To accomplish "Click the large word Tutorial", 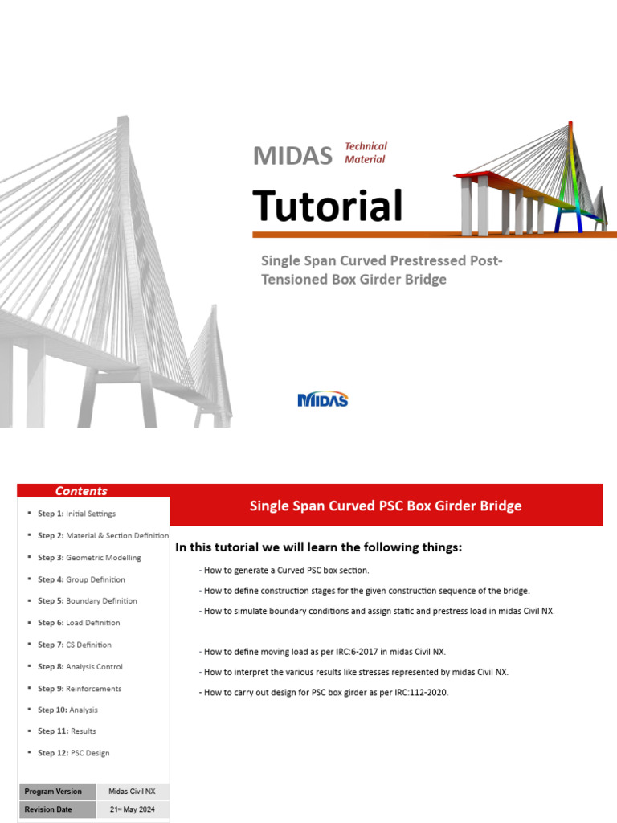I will [327, 206].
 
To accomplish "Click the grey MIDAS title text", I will [292, 155].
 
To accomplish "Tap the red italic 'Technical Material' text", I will [366, 153].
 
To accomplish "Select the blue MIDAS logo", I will [322, 399].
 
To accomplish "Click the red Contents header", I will [81, 491].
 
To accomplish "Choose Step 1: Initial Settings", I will [76, 514].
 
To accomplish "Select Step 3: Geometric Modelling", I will [88, 557].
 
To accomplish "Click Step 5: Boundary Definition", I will [87, 600].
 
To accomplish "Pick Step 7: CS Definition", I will [74, 645].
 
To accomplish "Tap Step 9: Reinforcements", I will [80, 688].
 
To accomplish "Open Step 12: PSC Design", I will [73, 753].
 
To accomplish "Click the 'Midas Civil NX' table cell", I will [133, 792].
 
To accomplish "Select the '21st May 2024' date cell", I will [133, 810].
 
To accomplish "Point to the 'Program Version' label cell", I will [53, 792].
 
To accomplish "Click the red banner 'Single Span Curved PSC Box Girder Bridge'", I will [386, 506].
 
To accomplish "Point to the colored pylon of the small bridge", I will [572, 177].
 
